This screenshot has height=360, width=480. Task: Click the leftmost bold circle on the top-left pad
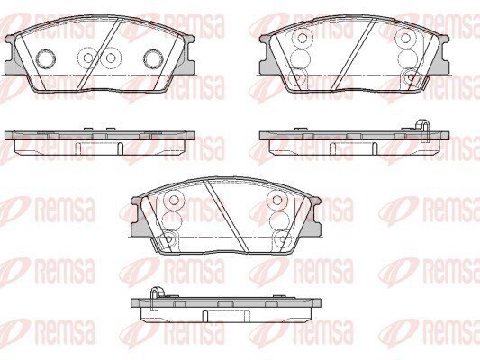(46, 58)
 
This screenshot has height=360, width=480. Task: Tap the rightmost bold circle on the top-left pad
(153, 58)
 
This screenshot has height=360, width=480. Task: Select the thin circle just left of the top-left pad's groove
(88, 58)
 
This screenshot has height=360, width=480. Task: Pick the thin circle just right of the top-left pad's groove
(111, 58)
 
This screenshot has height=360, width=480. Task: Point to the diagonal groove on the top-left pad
(100, 54)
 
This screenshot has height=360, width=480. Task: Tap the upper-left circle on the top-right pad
(303, 38)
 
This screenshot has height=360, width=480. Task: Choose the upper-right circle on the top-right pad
(405, 38)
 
